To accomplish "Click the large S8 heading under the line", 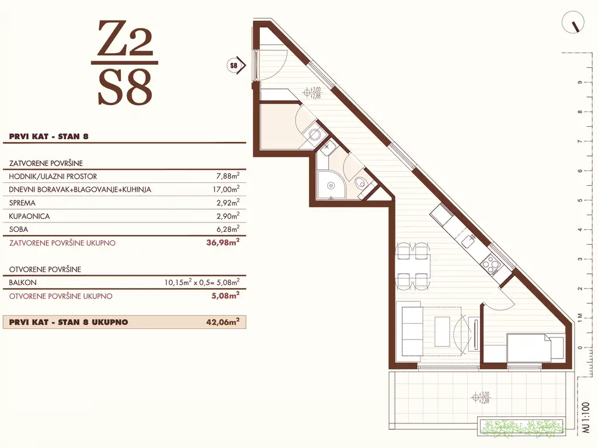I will (x=124, y=87).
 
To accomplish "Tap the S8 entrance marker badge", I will (x=234, y=65).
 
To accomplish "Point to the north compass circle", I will (x=573, y=24).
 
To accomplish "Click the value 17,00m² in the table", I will (x=226, y=190).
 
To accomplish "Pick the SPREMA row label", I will (x=23, y=203).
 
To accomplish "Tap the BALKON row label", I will (x=23, y=283).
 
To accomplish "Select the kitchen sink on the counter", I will (x=467, y=241).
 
